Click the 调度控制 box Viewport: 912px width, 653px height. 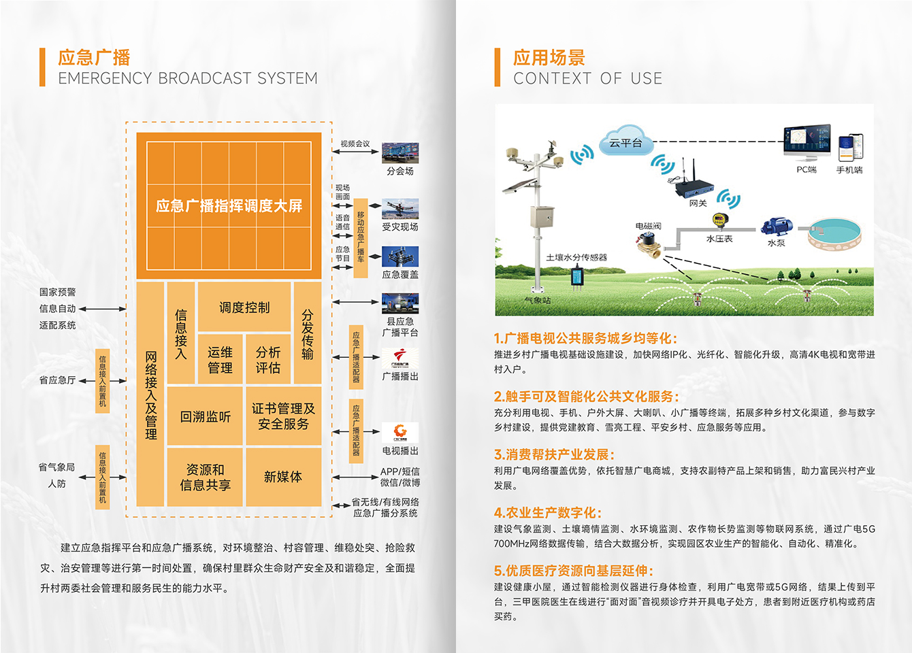click(244, 307)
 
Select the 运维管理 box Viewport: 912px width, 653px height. click(220, 360)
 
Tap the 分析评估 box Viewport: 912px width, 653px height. click(268, 360)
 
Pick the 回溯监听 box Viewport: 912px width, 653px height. click(205, 416)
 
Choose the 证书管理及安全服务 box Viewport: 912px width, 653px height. click(283, 416)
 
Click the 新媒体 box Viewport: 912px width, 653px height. click(283, 477)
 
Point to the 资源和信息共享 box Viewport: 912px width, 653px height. click(205, 477)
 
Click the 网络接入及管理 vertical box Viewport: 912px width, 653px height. click(151, 395)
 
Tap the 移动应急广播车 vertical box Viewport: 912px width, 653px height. click(361, 237)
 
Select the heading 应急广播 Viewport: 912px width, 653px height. click(94, 58)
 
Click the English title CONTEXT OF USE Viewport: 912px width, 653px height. click(587, 79)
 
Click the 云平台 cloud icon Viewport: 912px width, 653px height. click(625, 142)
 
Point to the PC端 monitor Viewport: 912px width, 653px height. click(807, 141)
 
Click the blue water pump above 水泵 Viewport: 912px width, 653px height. click(776, 227)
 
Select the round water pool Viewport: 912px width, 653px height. click(834, 233)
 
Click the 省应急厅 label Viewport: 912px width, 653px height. click(57, 380)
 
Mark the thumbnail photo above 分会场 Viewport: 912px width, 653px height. click(400, 153)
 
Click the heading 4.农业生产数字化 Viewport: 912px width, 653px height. click(548, 513)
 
